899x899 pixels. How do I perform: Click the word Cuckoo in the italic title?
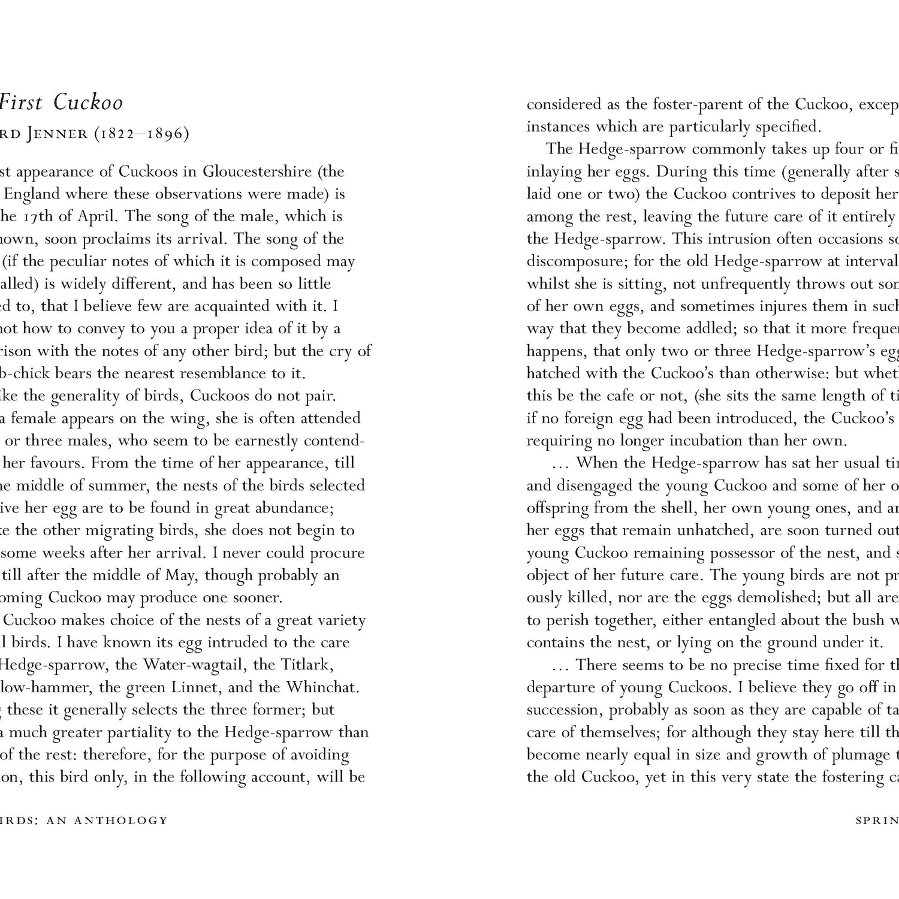88,102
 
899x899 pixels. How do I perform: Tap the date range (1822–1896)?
141,134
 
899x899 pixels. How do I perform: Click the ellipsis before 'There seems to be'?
561,665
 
